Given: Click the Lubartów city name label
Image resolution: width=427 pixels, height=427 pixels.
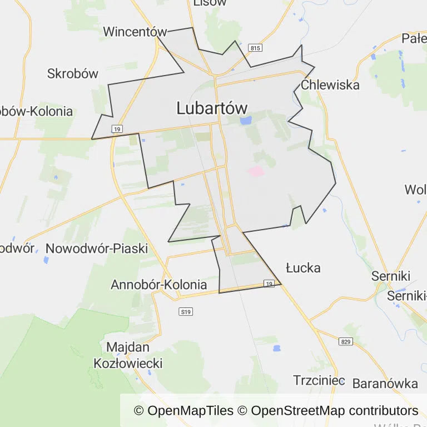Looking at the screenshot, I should coord(212,108).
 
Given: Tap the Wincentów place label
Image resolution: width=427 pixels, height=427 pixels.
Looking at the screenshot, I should coord(135,32).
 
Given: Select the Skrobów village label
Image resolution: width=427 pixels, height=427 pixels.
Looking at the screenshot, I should coord(73,73).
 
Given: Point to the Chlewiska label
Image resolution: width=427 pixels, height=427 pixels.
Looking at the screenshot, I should coord(330,85).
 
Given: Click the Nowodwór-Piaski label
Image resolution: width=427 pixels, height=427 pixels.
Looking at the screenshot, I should coord(97,249).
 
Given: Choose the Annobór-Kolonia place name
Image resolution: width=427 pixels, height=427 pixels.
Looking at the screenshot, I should coord(159,285).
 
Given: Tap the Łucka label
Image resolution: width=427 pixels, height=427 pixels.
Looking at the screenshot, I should coord(303,268).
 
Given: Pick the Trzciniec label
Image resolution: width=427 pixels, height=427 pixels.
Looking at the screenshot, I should coord(319,381).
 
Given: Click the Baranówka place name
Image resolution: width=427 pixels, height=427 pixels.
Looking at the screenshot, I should coord(385,383).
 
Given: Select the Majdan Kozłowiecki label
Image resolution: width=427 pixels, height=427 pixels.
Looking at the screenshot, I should coord(128,355).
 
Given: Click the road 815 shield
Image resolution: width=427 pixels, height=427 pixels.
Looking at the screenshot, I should coord(255,48).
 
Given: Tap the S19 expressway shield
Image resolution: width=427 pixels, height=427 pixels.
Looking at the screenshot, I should coord(186,312).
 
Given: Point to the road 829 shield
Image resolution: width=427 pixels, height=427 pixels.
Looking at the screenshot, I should coord(346,341).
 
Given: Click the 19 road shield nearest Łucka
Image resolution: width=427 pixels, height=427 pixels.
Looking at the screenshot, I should coord(269,284).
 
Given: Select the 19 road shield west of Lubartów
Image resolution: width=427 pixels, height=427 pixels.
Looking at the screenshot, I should coord(116,129).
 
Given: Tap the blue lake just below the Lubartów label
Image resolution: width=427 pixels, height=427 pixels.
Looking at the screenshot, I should coord(245,120).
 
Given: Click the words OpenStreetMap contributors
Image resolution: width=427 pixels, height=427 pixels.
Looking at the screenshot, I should coord(335,411).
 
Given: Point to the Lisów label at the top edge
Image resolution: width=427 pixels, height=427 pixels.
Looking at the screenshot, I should coord(210,3).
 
